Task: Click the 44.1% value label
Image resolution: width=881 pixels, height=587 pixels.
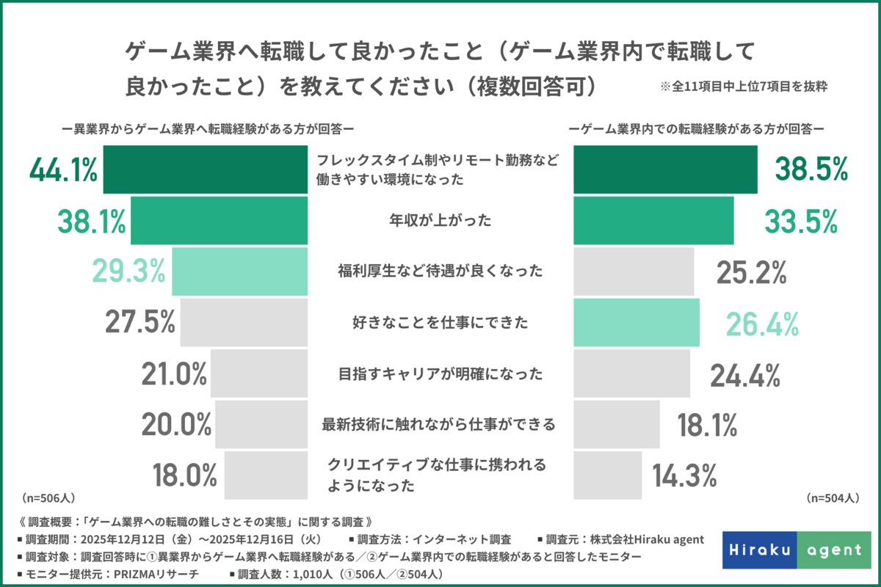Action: tap(63, 170)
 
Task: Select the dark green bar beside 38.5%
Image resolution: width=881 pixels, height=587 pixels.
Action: tap(664, 169)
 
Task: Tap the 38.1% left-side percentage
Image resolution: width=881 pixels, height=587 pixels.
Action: tap(91, 221)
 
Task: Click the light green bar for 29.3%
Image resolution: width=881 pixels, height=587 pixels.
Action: tap(239, 271)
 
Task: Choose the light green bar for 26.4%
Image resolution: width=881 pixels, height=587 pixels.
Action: tap(636, 323)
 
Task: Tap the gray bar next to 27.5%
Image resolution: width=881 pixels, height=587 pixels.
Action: tap(244, 322)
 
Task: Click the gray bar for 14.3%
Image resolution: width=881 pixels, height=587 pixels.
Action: tap(607, 475)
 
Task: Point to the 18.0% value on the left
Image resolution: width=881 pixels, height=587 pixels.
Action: tap(184, 475)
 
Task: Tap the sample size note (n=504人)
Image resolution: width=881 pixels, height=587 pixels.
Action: tap(832, 498)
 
